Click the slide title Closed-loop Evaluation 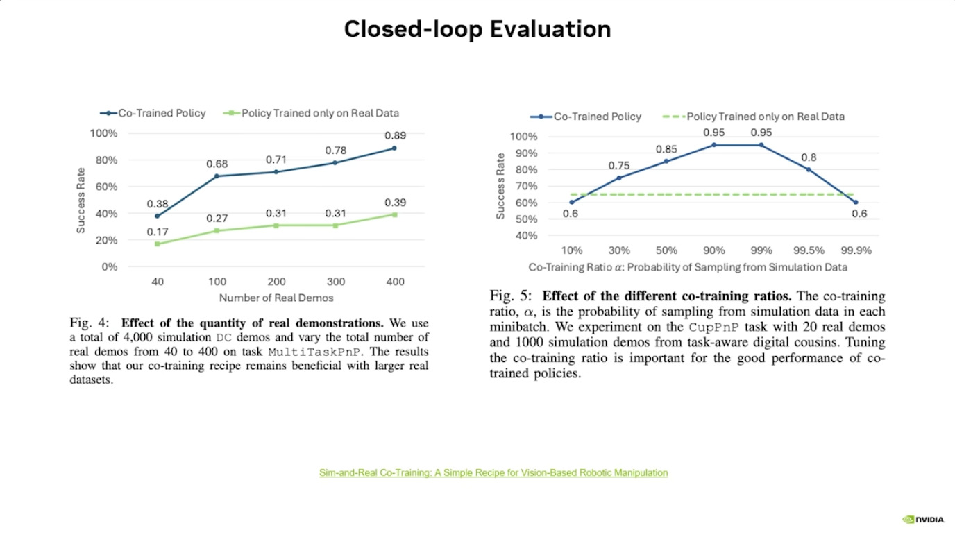pos(477,29)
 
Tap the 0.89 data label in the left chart pos(395,135)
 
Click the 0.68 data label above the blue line pos(217,164)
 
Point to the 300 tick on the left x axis pos(335,282)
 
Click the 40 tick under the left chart pos(158,282)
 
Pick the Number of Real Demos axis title pos(276,298)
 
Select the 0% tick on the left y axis pos(109,267)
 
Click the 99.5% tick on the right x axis pos(809,250)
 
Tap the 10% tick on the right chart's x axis pos(572,250)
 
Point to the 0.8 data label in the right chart pos(809,157)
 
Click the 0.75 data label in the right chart pos(619,166)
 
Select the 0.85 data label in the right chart pos(666,149)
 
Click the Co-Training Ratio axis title pos(688,267)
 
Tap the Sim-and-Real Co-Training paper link pos(493,472)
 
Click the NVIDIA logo pos(922,519)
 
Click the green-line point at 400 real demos pos(394,214)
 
